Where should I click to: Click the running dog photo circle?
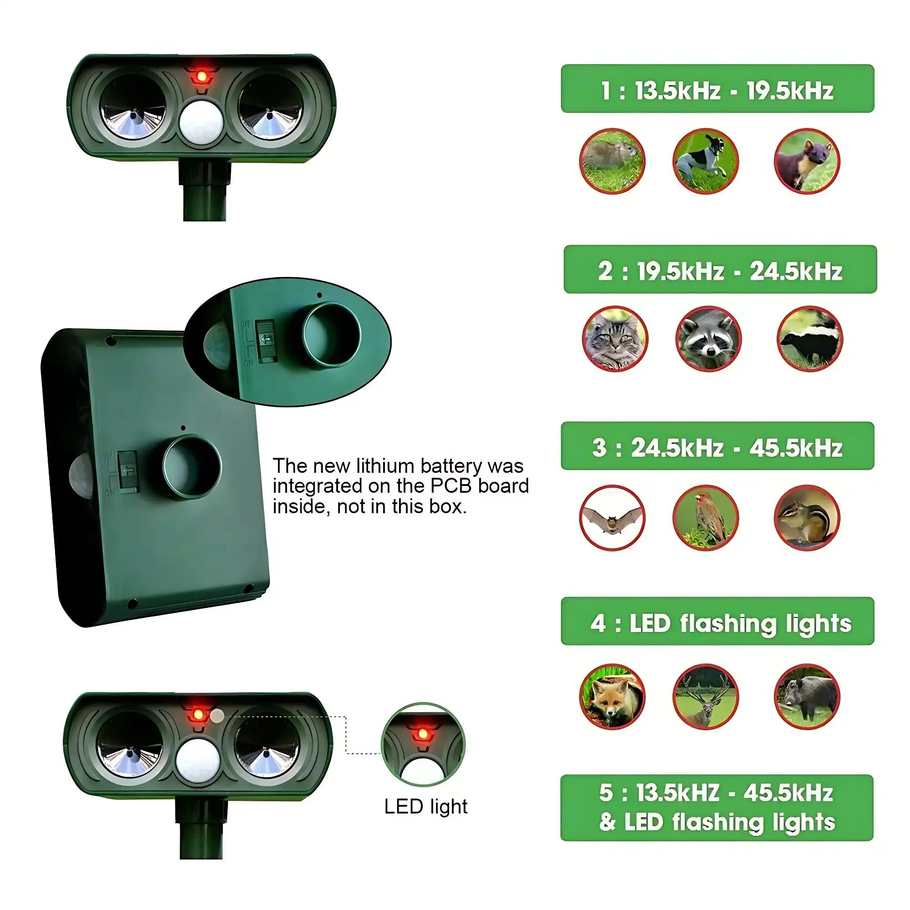pyautogui.click(x=705, y=161)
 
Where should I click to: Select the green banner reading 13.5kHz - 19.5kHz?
pyautogui.click(x=717, y=89)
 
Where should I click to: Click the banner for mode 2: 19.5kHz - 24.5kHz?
pyautogui.click(x=720, y=269)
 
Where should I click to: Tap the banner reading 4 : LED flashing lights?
pyautogui.click(x=717, y=621)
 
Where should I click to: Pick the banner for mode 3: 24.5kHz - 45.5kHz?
pyautogui.click(x=717, y=445)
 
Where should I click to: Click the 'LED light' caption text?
pyautogui.click(x=425, y=807)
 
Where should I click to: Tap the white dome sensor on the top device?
pyautogui.click(x=201, y=122)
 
